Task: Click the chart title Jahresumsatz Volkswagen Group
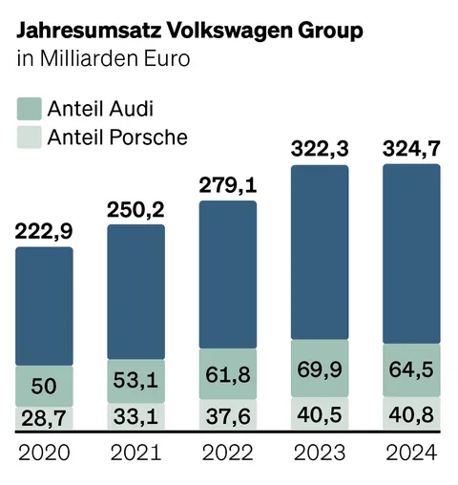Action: (190, 31)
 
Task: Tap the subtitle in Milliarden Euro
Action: (103, 59)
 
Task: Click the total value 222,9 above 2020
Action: (44, 231)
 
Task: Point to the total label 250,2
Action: (135, 208)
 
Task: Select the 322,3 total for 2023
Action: (320, 148)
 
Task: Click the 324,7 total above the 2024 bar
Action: (411, 148)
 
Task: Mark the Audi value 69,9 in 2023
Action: (320, 368)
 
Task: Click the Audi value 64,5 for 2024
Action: (411, 368)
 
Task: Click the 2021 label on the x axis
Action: (135, 452)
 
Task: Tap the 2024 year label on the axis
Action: (411, 452)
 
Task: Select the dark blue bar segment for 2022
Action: (228, 275)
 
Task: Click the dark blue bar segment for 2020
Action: (44, 306)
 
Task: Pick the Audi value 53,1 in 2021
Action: (135, 381)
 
